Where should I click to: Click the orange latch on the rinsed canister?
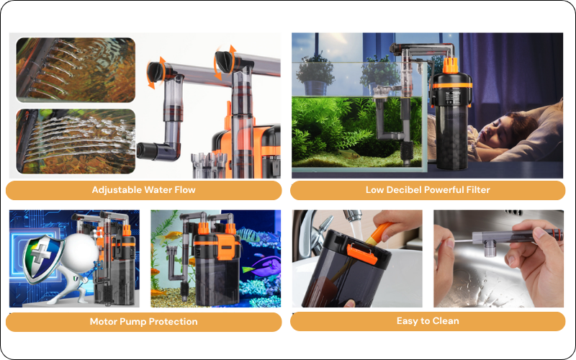[361, 254]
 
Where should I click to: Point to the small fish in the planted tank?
[348, 153]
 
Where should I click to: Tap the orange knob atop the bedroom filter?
[451, 66]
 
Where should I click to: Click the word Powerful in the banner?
[444, 190]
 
